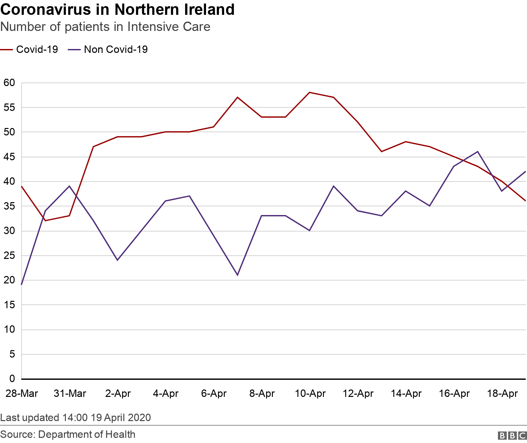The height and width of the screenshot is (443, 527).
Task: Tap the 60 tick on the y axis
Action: coord(10,83)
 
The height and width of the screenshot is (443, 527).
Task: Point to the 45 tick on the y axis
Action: coord(10,157)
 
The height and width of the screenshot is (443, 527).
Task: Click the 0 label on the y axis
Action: coord(12,379)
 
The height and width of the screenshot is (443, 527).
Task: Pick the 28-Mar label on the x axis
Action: coord(22,394)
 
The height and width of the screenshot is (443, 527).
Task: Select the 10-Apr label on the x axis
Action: coord(310,394)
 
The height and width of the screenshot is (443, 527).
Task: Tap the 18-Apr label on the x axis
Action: coord(502,394)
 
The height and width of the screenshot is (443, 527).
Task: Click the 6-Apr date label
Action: coord(214,394)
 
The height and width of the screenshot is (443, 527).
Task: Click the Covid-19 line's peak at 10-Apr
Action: coord(310,93)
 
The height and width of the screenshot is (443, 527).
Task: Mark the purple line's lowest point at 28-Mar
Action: coord(22,284)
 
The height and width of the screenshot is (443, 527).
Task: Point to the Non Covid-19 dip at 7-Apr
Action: coord(238,275)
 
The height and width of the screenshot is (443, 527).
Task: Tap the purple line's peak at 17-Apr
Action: coord(478,152)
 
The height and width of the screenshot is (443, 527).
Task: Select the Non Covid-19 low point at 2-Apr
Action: coord(118,260)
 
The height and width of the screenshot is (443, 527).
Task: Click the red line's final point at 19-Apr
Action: coord(525,201)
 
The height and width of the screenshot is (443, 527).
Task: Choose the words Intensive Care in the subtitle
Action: coord(169,27)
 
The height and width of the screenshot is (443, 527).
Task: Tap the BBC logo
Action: coord(512,436)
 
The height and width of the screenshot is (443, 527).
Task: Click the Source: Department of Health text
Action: coord(68,434)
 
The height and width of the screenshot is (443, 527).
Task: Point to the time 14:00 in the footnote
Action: coord(75,418)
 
